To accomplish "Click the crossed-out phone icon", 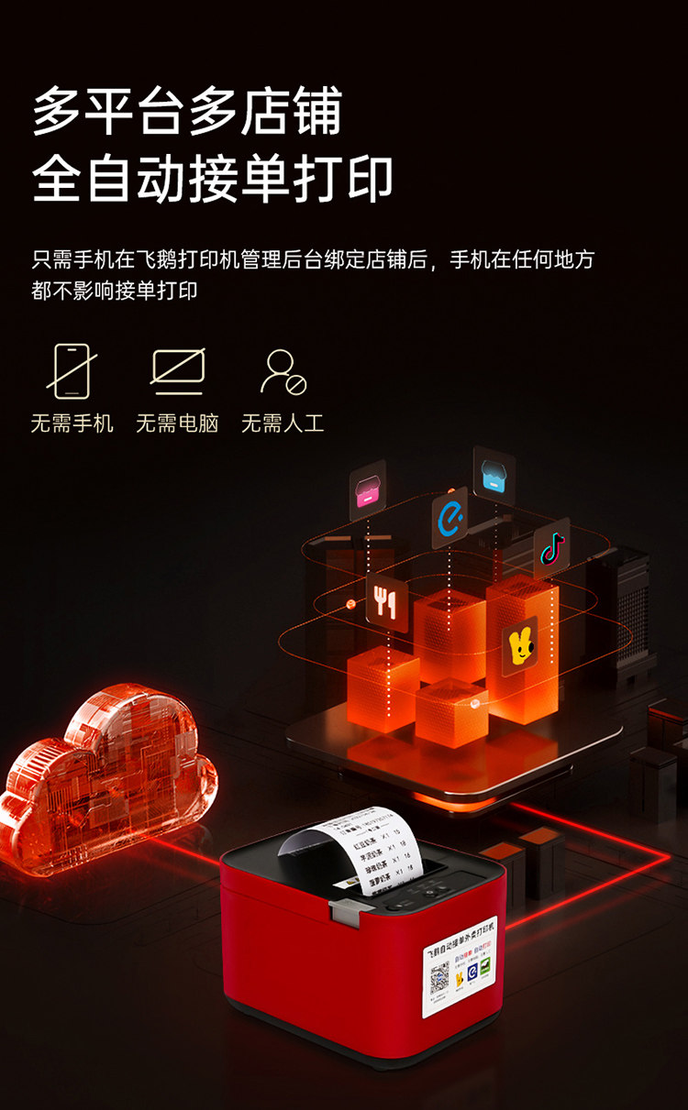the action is coord(72,371).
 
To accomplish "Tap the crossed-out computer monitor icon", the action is coord(177,371).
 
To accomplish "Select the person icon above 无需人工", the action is coord(283,371).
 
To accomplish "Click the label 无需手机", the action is coord(72,423).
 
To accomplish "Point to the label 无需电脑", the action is coord(177,423).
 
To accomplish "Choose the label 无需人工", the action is coord(283,423).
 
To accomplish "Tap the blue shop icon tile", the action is coord(494,473).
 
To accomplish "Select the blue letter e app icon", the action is coord(449,517).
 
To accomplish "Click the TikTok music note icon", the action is coord(551,548).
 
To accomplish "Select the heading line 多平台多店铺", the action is coord(187,112).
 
